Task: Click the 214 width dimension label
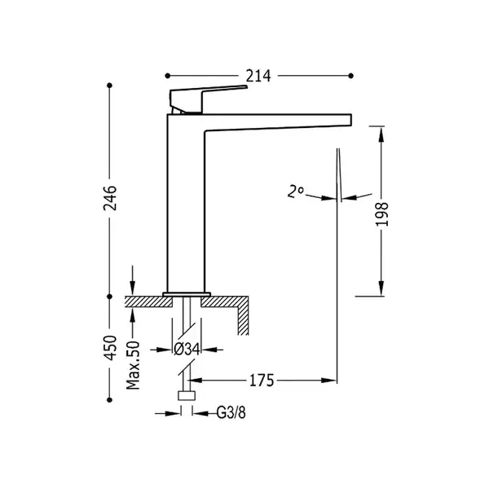click(x=258, y=76)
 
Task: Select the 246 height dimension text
click(x=110, y=198)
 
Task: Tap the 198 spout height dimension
click(x=381, y=214)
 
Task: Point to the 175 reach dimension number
click(x=262, y=381)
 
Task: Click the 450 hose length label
click(x=110, y=348)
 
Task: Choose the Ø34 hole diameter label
click(x=187, y=350)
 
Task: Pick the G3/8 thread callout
click(x=231, y=413)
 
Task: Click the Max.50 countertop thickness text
click(x=133, y=365)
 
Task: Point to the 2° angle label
click(x=295, y=192)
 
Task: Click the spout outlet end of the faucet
click(x=350, y=120)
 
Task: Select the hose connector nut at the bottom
click(x=187, y=395)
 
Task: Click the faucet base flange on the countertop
click(x=187, y=294)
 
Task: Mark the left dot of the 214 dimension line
click(x=167, y=76)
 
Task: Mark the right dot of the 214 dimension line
click(x=350, y=76)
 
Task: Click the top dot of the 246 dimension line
click(x=109, y=86)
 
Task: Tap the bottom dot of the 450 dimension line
click(x=109, y=400)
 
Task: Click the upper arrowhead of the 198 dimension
click(x=381, y=134)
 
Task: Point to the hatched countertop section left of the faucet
click(x=149, y=302)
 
